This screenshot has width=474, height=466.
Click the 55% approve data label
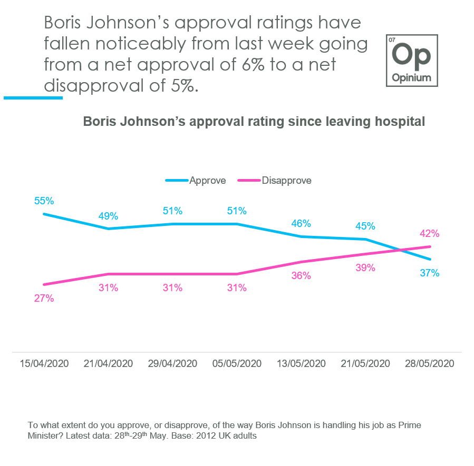click(x=44, y=201)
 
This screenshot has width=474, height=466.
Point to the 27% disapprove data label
click(x=44, y=298)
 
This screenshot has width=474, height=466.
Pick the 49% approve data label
click(x=108, y=216)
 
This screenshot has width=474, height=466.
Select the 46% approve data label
click(x=301, y=223)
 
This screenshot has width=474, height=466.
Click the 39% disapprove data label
click(x=365, y=267)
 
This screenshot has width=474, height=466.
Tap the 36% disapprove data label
click(x=301, y=275)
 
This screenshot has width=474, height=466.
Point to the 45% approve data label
click(x=365, y=226)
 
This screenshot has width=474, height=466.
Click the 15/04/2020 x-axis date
click(x=44, y=363)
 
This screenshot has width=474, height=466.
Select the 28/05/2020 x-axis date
click(x=429, y=363)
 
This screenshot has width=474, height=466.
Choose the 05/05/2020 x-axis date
click(x=237, y=363)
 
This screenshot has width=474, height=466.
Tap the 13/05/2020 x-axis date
click(x=301, y=363)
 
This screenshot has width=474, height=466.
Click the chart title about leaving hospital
click(x=254, y=121)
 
